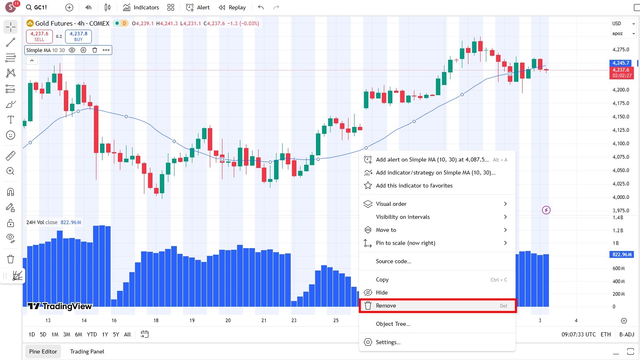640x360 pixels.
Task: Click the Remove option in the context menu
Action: tap(386, 306)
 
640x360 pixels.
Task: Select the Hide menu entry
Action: tap(381, 292)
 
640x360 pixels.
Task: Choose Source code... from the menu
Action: tap(393, 261)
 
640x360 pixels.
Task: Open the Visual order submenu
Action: tap(391, 204)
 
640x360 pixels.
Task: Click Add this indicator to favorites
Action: tap(414, 185)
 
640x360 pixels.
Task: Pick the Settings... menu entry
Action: tap(388, 342)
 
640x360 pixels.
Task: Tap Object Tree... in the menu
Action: tap(393, 324)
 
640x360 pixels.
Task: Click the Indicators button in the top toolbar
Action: tap(141, 7)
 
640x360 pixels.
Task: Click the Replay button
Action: tap(232, 7)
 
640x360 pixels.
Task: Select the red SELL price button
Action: tap(39, 36)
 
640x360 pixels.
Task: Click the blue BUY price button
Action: tap(78, 36)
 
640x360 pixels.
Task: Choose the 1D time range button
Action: tap(32, 334)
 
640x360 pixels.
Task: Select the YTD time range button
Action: tap(92, 334)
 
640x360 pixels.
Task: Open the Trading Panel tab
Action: tap(87, 351)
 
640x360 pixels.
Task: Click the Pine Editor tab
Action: tap(43, 351)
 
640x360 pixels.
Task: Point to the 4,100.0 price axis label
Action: tap(620, 144)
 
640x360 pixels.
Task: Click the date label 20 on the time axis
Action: tap(228, 321)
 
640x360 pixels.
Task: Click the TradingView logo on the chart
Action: tap(60, 306)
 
